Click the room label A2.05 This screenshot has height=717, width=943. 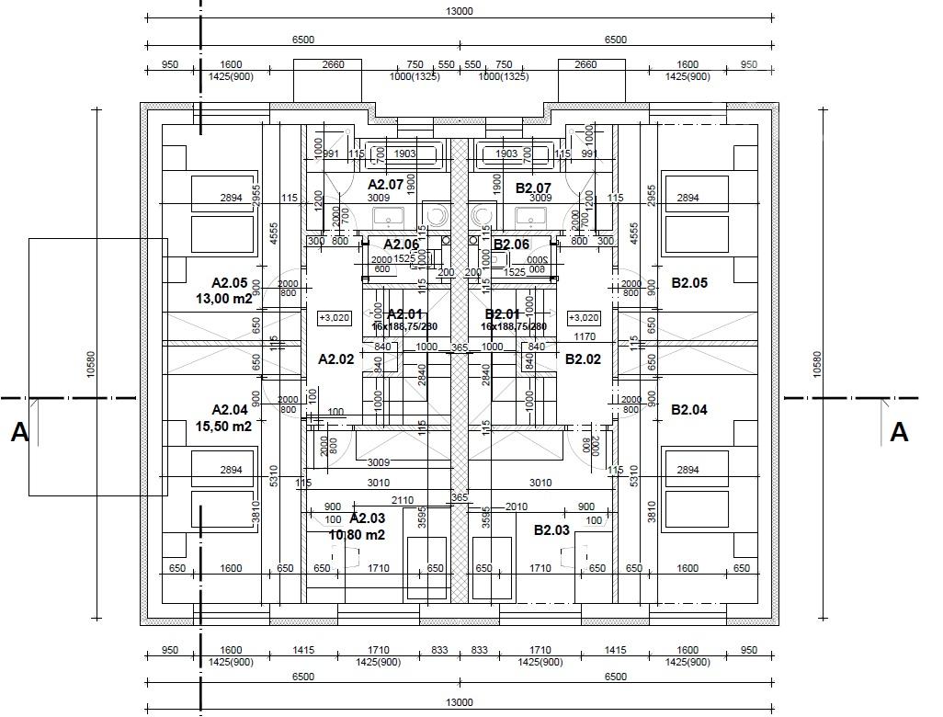[x=230, y=283]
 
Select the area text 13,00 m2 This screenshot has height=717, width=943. [x=224, y=299]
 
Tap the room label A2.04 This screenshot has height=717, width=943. [x=230, y=410]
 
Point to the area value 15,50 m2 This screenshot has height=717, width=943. [x=224, y=427]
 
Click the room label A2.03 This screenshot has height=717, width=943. [x=368, y=518]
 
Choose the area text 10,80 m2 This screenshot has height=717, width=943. [x=357, y=535]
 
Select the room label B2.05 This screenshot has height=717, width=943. [x=689, y=283]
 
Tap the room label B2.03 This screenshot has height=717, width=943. [x=551, y=529]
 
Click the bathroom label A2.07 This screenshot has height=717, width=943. [x=385, y=185]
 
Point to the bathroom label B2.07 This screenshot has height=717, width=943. [x=533, y=188]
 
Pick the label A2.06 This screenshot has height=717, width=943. [x=401, y=245]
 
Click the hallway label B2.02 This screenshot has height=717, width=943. [x=583, y=359]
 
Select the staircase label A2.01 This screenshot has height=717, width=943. [x=404, y=314]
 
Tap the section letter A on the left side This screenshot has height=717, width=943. [x=19, y=432]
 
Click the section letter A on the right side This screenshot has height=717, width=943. [x=899, y=432]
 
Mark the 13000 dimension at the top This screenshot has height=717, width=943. [x=460, y=11]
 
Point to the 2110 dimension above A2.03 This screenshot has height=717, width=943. [x=403, y=500]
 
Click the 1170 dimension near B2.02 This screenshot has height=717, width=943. [x=585, y=337]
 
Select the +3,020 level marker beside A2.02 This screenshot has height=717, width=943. [x=334, y=318]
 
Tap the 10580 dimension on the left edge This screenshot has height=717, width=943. [x=90, y=363]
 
